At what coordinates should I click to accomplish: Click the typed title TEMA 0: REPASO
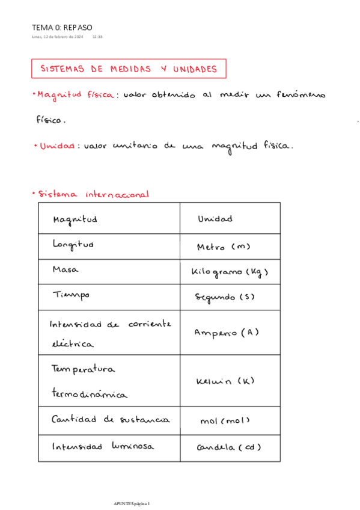point(63,27)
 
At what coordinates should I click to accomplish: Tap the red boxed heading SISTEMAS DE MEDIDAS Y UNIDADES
point(129,69)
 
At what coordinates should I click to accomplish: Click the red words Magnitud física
point(75,95)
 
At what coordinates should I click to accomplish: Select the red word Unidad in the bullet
point(57,146)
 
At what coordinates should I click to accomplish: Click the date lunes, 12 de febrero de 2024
point(57,37)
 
